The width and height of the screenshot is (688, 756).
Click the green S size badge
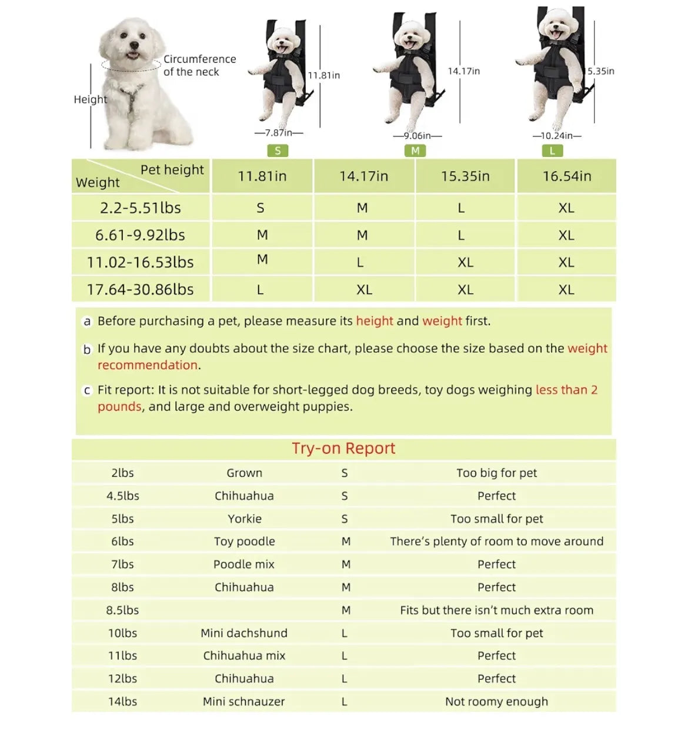(x=278, y=150)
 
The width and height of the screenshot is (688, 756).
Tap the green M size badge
(x=415, y=150)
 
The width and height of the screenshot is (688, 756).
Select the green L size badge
(x=552, y=150)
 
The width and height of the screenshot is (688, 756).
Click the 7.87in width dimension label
(x=279, y=133)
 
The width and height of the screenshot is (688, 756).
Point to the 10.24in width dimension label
(x=557, y=136)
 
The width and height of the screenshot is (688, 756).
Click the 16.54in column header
(x=567, y=176)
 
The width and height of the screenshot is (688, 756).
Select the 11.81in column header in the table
(x=262, y=176)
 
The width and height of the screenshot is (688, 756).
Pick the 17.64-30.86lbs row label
(x=140, y=289)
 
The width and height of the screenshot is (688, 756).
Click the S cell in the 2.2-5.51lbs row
(x=260, y=208)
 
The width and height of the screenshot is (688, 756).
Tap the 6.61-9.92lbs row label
(x=140, y=235)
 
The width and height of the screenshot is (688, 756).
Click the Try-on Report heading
(x=343, y=449)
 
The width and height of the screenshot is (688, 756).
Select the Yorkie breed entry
(x=244, y=519)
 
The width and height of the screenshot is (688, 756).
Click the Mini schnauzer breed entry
(x=244, y=702)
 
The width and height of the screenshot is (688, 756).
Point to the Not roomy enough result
(x=496, y=702)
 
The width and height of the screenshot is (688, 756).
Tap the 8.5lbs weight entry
(x=122, y=610)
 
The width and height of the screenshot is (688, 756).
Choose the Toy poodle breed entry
(x=244, y=541)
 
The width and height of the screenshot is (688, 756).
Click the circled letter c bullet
(x=87, y=390)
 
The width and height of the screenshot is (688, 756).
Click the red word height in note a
(x=375, y=321)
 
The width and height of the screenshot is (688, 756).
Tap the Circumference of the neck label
(x=200, y=65)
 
